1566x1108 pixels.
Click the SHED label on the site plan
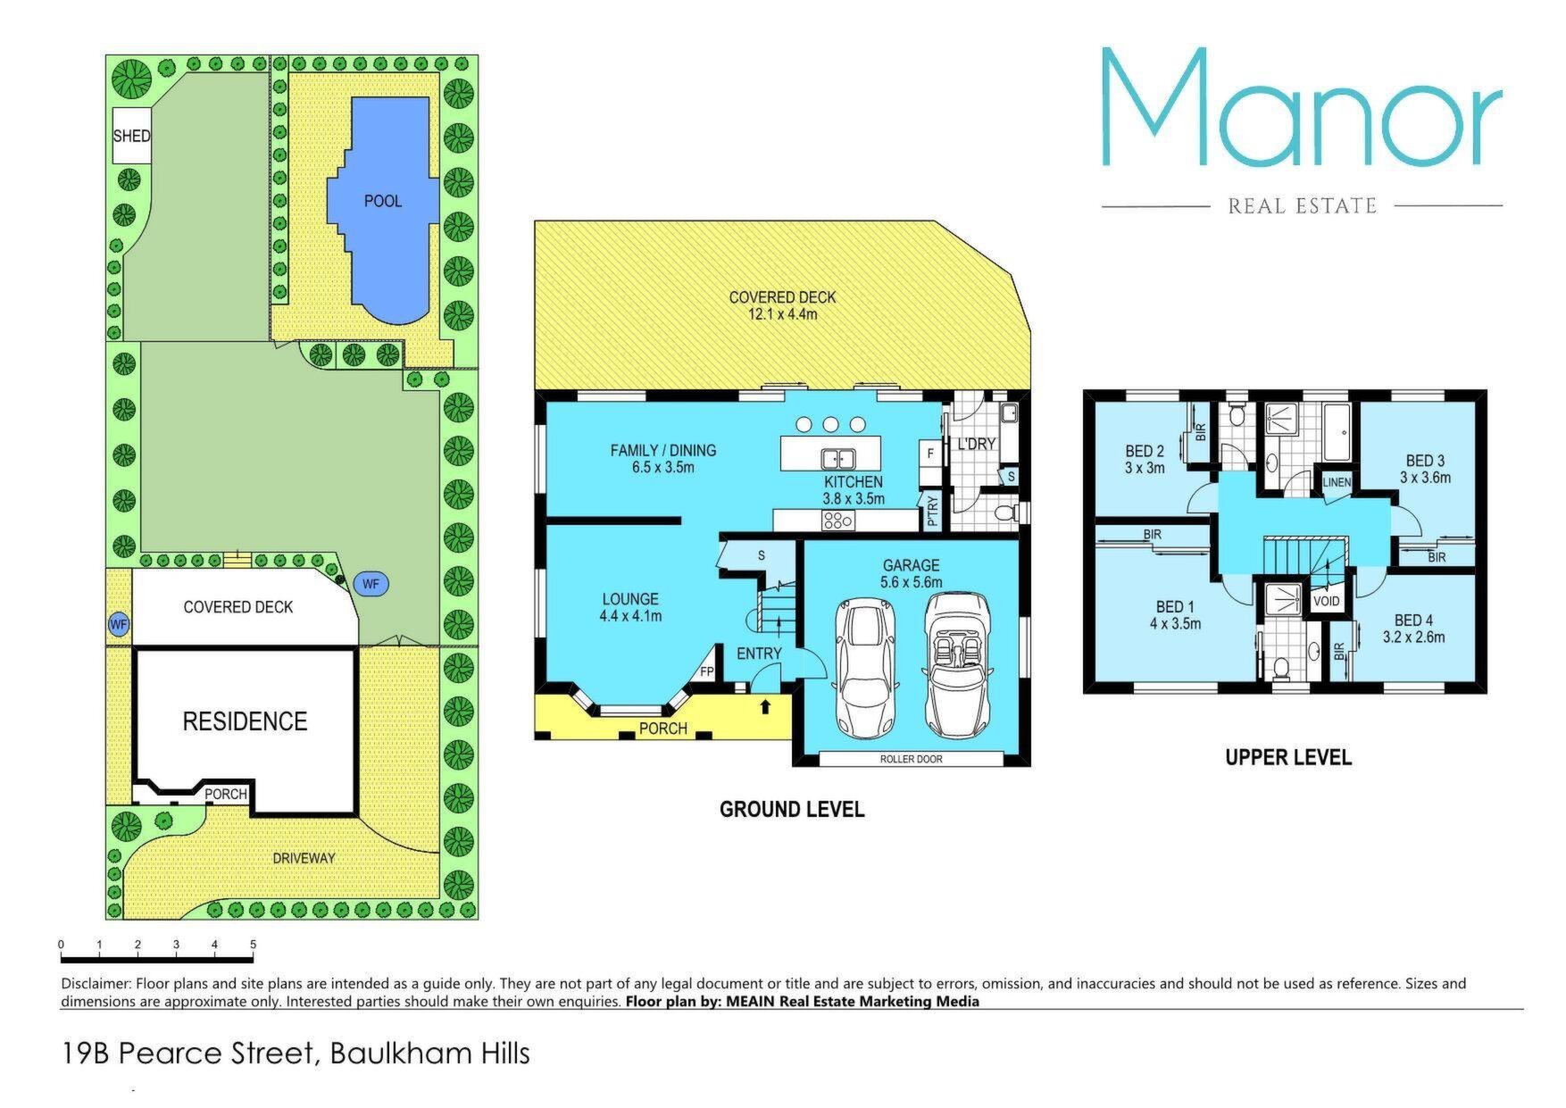tap(131, 137)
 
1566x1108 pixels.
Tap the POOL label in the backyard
tap(383, 201)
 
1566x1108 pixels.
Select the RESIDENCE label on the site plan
tap(245, 721)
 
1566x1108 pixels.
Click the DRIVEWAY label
tap(304, 858)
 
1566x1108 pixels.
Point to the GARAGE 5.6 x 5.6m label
tap(911, 573)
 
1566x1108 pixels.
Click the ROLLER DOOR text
tap(911, 759)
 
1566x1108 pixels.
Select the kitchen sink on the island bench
tap(838, 459)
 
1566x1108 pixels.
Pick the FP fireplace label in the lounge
tap(706, 672)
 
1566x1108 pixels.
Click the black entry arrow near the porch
tap(764, 707)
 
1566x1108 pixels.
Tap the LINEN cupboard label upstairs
tap(1337, 482)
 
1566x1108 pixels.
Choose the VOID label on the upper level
tap(1326, 601)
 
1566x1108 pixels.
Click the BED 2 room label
tap(1145, 459)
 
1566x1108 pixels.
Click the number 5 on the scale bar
tap(254, 945)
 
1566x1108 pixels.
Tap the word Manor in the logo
tap(1302, 107)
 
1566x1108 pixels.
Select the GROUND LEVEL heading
tap(792, 810)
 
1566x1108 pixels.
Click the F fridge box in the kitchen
tap(930, 454)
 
